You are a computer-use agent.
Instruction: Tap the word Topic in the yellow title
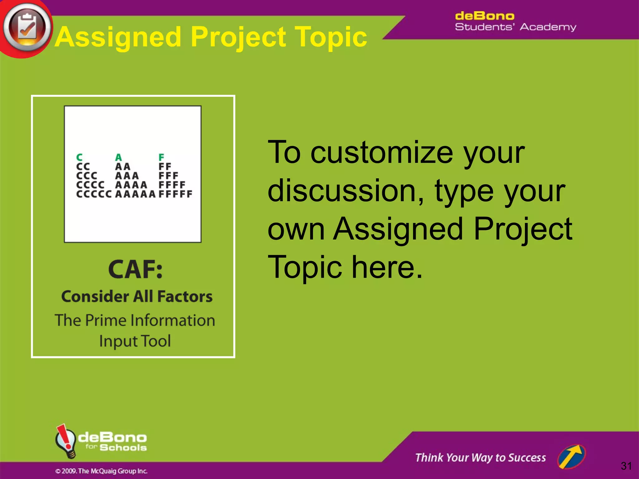(331, 37)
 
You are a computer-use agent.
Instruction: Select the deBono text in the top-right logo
(484, 16)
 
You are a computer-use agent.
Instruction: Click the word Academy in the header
(548, 27)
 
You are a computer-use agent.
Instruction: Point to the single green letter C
(80, 157)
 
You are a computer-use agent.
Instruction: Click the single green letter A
(119, 157)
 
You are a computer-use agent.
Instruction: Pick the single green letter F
(161, 157)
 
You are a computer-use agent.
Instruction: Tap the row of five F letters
(175, 194)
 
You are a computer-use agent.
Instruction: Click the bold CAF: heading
(135, 269)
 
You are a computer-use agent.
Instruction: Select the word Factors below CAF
(185, 296)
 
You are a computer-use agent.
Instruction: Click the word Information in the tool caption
(173, 321)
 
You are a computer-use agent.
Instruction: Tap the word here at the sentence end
(387, 267)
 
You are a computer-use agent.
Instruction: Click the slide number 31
(626, 466)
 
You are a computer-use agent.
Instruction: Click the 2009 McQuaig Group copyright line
(101, 471)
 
